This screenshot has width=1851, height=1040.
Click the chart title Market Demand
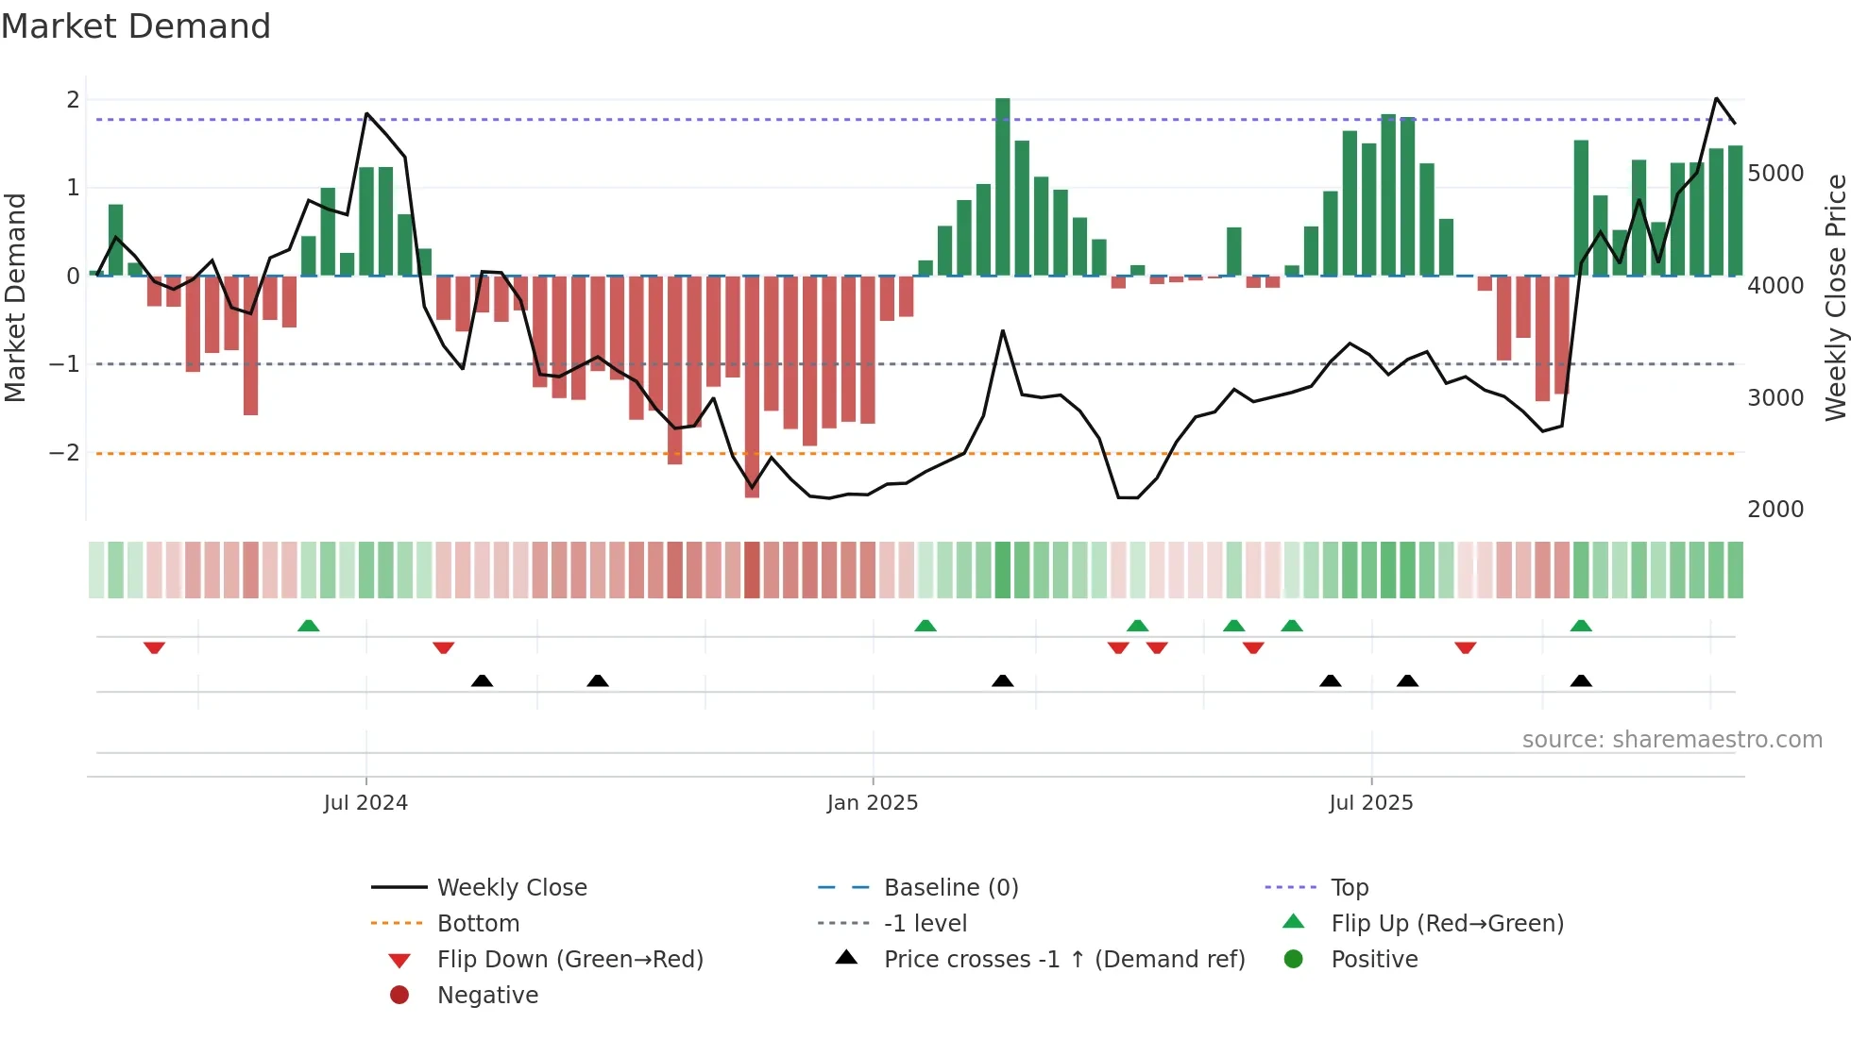coord(136,26)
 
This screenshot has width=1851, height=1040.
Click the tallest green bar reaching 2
coord(1002,187)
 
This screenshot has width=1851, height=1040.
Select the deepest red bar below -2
coord(752,387)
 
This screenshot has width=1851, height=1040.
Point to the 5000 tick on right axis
coord(1775,174)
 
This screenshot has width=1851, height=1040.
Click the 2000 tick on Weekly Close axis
coord(1775,510)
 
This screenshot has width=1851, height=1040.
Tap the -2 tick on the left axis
coord(65,453)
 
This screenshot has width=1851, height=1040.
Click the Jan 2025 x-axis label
coord(872,803)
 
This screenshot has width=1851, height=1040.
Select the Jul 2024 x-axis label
coord(365,803)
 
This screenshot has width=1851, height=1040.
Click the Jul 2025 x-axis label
coord(1370,803)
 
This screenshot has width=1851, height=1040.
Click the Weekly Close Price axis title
coord(1835,297)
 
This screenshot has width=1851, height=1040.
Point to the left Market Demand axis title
coord(15,297)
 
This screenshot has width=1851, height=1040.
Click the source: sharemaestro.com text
coord(1672,740)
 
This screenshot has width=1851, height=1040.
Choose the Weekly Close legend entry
coord(511,888)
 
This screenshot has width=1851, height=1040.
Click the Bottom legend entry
coord(478,924)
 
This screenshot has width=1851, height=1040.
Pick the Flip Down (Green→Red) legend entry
coord(569,960)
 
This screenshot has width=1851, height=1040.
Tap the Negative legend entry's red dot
coord(399,996)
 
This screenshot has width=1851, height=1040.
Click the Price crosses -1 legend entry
coord(1063,960)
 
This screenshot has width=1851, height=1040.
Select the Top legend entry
coord(1349,888)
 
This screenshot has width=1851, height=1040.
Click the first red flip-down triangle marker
coord(154,647)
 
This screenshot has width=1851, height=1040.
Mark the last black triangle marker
coord(1581,680)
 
